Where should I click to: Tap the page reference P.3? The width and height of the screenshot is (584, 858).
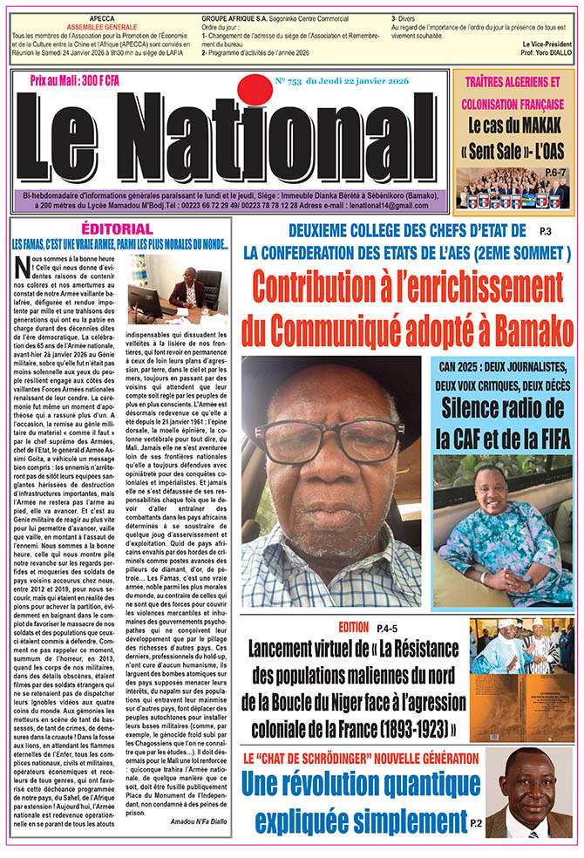pos(546,231)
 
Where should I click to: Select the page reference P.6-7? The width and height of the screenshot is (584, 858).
pos(547,173)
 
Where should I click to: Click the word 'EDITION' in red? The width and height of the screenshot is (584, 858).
pos(353,627)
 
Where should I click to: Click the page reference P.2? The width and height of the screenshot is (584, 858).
pos(474,822)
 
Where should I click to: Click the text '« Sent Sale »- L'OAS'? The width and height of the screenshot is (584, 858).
pos(513,148)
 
